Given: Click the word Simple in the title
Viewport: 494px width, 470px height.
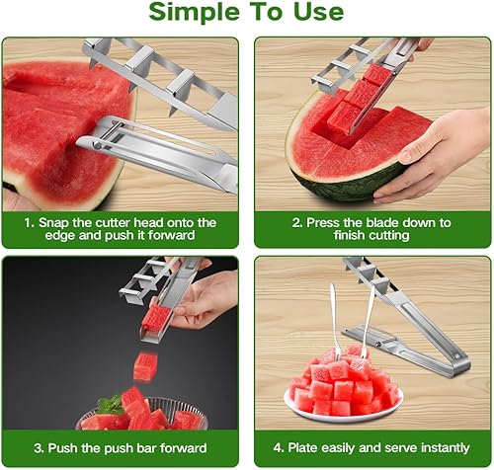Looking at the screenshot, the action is point(194,13).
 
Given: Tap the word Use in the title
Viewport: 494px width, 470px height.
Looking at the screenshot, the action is point(318,12).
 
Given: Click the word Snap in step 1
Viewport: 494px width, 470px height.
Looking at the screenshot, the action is point(53,223).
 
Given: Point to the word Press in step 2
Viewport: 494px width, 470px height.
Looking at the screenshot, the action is point(323,223).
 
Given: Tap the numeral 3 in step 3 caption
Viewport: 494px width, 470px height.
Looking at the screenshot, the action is point(38,448).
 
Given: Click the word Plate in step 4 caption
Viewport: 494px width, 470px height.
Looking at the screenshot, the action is point(302,448).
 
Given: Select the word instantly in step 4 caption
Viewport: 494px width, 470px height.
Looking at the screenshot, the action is point(446,448).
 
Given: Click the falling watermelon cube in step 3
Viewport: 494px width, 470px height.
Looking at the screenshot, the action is point(145,366).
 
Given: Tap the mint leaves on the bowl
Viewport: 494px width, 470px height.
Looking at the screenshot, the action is point(111,404).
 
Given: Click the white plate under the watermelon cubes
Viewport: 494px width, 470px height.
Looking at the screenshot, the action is point(343,408).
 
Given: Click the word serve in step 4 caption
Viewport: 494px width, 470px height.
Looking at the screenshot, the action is point(400,448).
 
